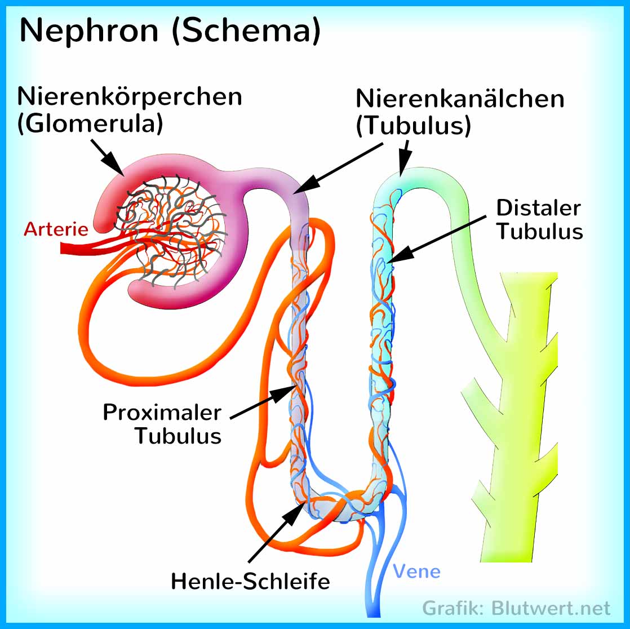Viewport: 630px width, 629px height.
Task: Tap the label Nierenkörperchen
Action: [130, 97]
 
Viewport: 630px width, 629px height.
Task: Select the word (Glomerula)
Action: [90, 124]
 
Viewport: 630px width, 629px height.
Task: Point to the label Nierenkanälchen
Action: [459, 99]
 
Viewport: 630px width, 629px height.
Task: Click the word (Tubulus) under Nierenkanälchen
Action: [413, 126]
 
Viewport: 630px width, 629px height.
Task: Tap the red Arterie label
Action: [56, 229]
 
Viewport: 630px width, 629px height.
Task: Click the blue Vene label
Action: [416, 572]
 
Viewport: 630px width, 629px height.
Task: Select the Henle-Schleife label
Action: [250, 582]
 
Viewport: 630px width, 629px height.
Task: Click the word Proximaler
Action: [162, 412]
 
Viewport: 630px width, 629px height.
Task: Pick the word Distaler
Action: [538, 208]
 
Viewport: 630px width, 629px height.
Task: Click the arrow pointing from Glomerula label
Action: [107, 156]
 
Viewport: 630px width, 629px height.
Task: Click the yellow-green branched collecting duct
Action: [518, 417]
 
